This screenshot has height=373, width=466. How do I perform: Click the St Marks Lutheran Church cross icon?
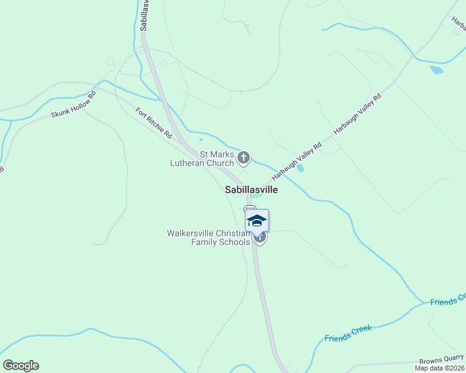click(x=244, y=158)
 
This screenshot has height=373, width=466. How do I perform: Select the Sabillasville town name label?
click(x=251, y=190)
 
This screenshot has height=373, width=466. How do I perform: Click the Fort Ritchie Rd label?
click(x=153, y=122)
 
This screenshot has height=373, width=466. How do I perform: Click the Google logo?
click(x=21, y=366)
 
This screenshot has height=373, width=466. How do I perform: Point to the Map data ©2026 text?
click(x=440, y=368)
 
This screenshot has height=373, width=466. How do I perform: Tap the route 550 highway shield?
click(x=249, y=209)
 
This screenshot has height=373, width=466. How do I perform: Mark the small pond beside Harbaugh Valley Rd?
click(x=301, y=168)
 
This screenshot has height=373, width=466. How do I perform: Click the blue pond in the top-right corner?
click(x=437, y=70)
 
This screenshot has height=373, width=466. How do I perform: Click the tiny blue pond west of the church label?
click(x=201, y=140)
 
